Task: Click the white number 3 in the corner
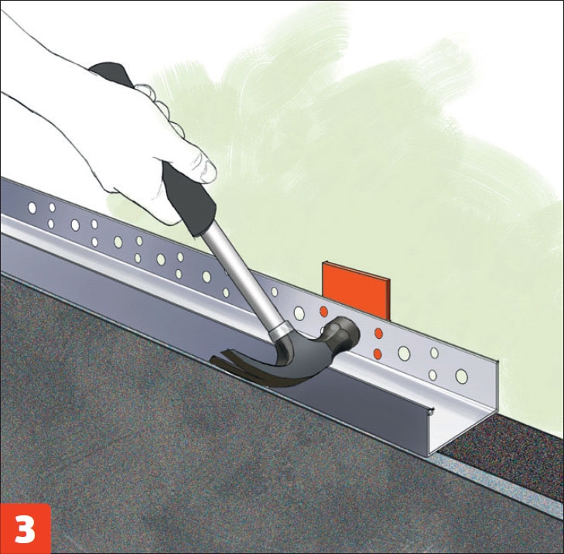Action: pyautogui.click(x=26, y=529)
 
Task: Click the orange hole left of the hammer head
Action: pyautogui.click(x=323, y=312)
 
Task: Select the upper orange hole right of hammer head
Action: pyautogui.click(x=378, y=333)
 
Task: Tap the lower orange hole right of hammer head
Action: pyautogui.click(x=378, y=354)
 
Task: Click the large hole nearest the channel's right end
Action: pyautogui.click(x=461, y=376)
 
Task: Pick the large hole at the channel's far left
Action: pyautogui.click(x=32, y=207)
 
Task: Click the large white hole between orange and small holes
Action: pyautogui.click(x=404, y=354)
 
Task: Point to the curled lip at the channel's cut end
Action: pyautogui.click(x=432, y=410)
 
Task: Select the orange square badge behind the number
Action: pyautogui.click(x=26, y=528)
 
